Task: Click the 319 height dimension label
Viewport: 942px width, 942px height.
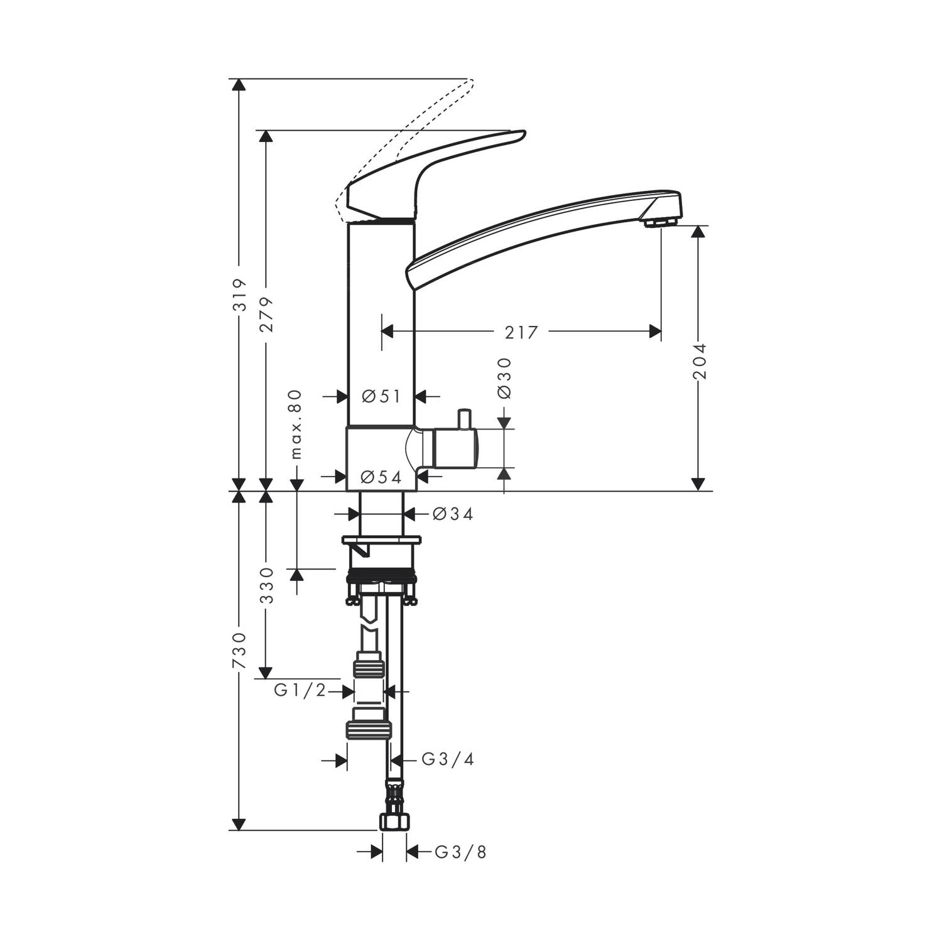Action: [239, 295]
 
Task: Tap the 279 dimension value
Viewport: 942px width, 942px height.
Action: [267, 315]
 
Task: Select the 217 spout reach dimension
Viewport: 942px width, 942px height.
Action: [522, 332]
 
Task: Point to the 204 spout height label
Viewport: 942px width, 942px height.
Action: [699, 360]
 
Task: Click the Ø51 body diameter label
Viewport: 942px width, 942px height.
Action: [381, 396]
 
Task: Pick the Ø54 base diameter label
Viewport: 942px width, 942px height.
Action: [381, 477]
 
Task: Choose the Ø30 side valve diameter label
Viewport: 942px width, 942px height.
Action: [504, 378]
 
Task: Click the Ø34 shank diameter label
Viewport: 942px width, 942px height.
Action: [453, 514]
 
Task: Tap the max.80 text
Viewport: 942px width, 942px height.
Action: [296, 425]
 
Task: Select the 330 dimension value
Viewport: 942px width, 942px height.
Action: [267, 585]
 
